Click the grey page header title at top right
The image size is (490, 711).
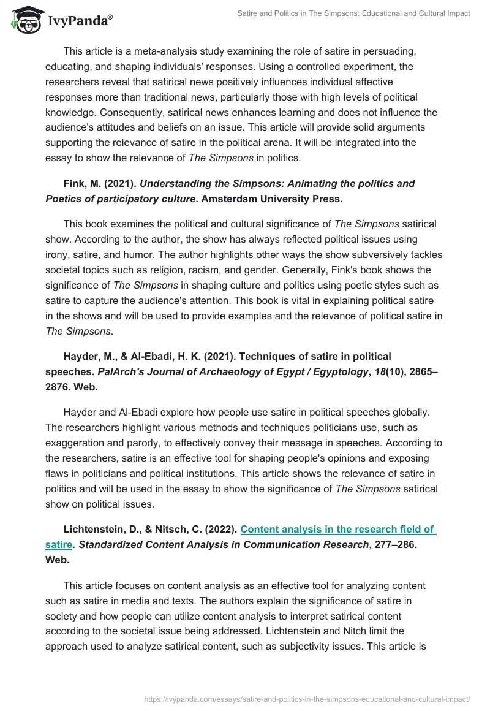pos(353,13)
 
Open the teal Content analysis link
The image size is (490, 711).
pos(337,530)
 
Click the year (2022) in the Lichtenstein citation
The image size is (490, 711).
pos(222,530)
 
